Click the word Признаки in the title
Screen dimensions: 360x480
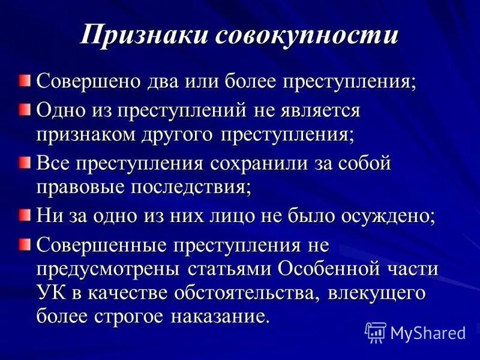[144, 35]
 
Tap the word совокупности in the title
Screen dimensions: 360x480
[307, 35]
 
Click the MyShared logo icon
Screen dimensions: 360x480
[376, 332]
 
